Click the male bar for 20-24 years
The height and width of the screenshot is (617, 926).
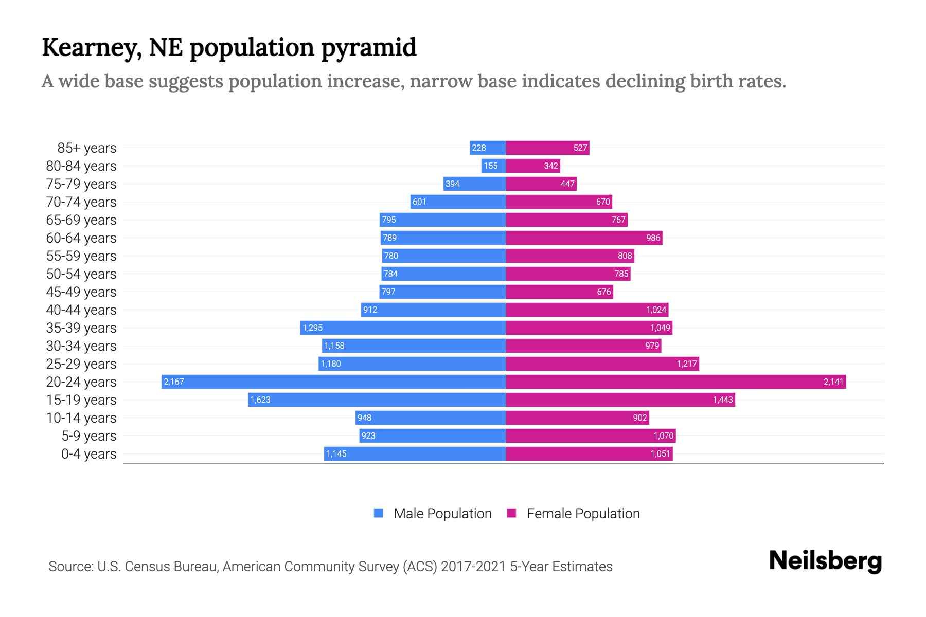[333, 382]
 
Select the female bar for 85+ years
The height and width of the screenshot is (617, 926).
[547, 148]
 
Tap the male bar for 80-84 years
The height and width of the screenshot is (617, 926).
[493, 166]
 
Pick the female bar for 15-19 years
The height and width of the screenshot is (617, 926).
[620, 400]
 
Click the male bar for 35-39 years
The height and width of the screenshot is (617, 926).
[403, 328]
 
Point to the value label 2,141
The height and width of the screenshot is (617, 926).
[833, 382]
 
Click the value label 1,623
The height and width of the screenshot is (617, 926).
[260, 400]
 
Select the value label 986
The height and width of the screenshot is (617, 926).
[653, 238]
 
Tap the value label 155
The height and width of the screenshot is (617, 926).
[490, 166]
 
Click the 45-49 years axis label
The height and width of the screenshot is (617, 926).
[81, 292]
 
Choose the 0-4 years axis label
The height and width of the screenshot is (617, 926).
[88, 453]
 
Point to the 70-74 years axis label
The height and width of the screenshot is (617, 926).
[81, 202]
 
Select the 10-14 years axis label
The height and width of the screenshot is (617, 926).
[81, 418]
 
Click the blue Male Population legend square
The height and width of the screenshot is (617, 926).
[379, 513]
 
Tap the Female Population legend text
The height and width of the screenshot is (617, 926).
[583, 513]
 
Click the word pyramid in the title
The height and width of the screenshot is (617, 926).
[369, 47]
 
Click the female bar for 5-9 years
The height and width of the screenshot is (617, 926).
[591, 435]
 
